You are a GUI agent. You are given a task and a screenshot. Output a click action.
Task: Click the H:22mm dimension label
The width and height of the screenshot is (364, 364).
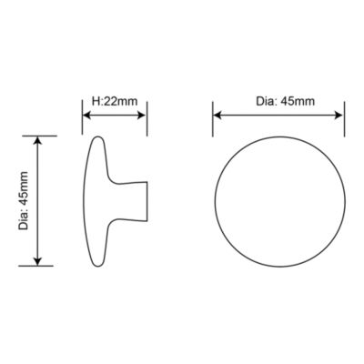coord(115,101)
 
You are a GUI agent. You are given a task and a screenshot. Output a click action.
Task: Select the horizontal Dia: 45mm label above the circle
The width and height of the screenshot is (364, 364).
coord(286,101)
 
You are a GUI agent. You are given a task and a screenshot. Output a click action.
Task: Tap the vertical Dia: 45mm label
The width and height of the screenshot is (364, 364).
coord(24,200)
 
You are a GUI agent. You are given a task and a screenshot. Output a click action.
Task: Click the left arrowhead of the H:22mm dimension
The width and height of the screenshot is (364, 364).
coord(86,116)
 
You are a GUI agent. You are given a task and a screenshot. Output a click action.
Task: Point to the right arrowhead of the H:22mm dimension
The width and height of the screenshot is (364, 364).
coord(142,116)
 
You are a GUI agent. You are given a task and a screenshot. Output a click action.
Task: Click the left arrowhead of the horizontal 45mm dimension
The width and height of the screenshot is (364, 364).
coord(217,115)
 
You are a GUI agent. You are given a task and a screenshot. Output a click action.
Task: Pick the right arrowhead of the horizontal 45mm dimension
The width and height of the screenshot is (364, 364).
coord(339,115)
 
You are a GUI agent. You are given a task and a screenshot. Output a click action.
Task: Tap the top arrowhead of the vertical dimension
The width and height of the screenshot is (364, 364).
coord(37,141)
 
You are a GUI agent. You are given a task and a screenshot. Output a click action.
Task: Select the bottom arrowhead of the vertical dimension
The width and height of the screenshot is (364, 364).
coord(37,261)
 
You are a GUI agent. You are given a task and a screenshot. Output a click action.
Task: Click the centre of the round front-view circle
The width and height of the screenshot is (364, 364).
coord(280,201)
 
